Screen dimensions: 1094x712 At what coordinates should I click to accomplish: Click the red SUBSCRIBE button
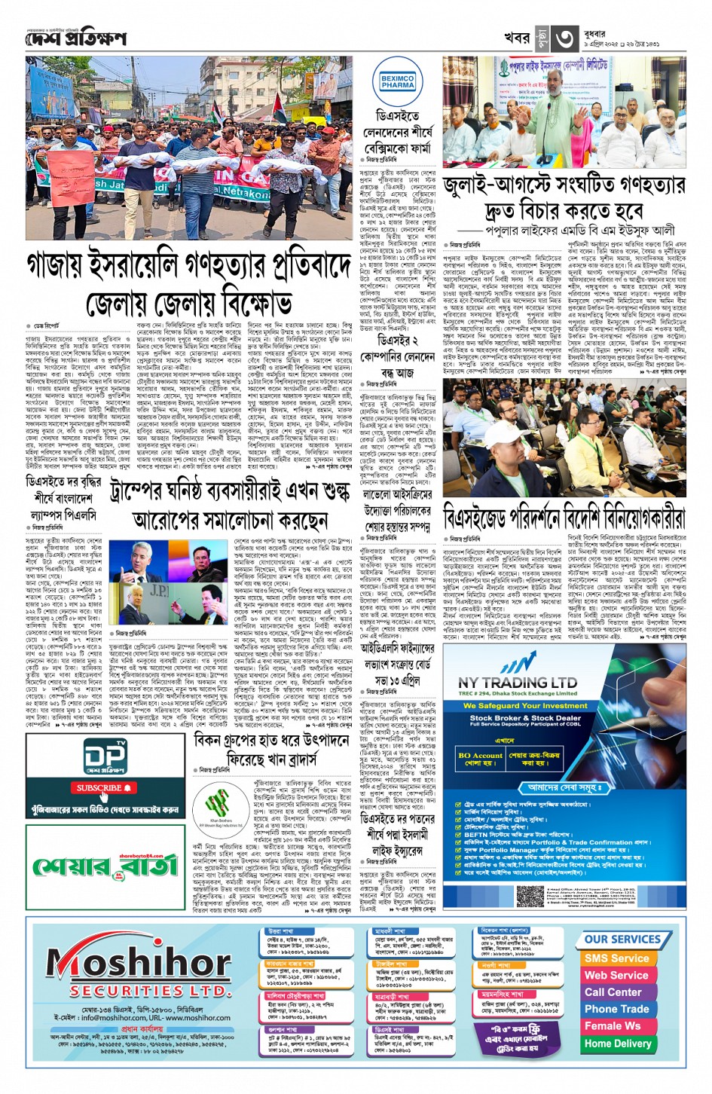[x=104, y=787]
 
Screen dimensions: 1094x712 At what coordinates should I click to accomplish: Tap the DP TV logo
[x=105, y=759]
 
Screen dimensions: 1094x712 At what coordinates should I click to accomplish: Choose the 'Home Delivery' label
[x=617, y=1044]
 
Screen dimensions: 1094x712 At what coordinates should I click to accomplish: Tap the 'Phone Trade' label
[x=616, y=1009]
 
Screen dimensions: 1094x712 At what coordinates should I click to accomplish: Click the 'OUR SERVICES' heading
[x=622, y=939]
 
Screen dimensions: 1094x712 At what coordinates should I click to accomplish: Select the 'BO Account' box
[x=480, y=756]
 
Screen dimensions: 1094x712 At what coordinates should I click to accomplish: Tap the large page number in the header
[x=564, y=38]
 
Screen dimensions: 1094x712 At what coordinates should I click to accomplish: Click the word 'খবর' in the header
[x=516, y=38]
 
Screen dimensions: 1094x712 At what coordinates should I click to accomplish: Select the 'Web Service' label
[x=616, y=975]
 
